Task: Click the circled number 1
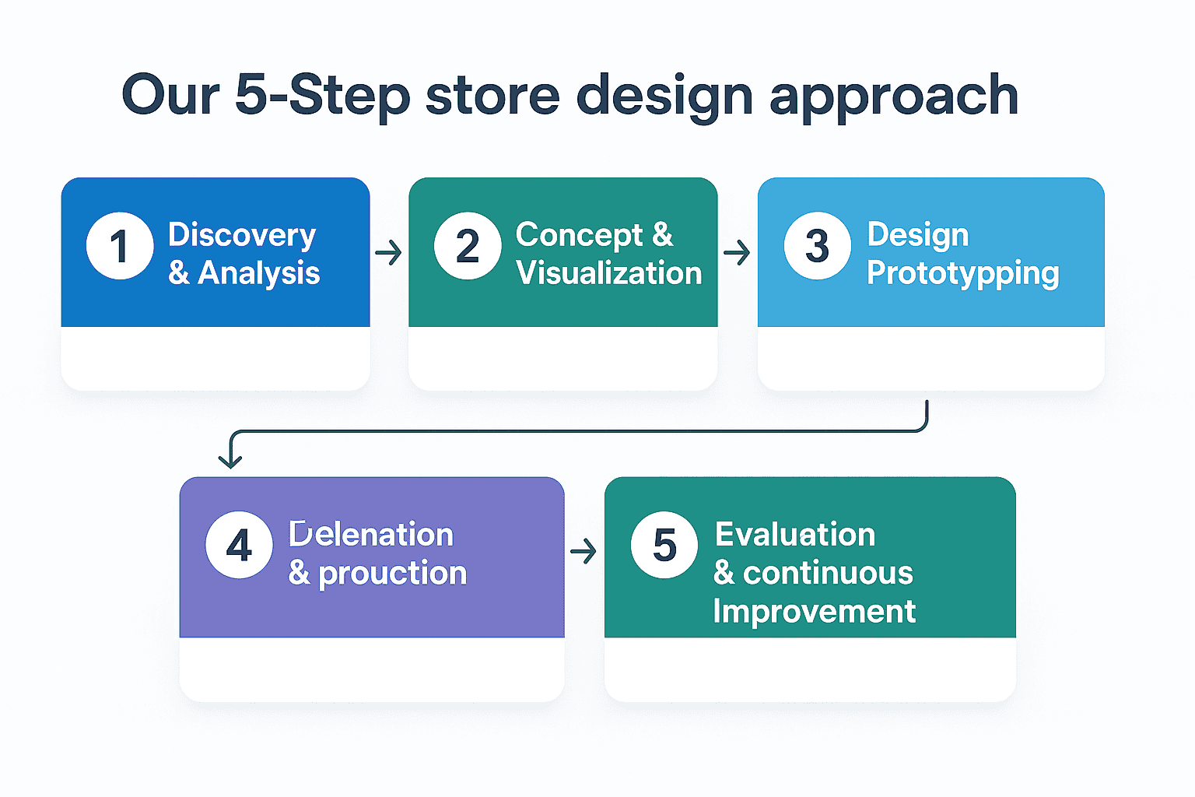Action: click(x=120, y=246)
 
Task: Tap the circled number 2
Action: click(x=468, y=246)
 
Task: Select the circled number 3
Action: click(x=817, y=246)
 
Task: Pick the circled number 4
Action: click(x=239, y=545)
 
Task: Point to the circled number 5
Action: click(x=664, y=545)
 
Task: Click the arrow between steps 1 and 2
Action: click(x=389, y=252)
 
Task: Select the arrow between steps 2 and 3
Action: click(x=737, y=252)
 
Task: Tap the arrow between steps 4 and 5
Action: click(x=583, y=552)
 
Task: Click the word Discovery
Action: click(x=242, y=235)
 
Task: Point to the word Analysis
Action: click(x=259, y=273)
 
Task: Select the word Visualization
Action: click(x=608, y=273)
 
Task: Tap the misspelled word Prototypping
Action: click(x=963, y=274)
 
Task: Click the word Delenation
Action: click(x=371, y=535)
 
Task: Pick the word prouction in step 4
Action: click(x=393, y=574)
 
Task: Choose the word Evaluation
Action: click(x=795, y=535)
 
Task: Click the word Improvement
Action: click(x=815, y=612)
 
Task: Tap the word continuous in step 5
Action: click(x=828, y=574)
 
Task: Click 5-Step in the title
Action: click(x=322, y=95)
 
